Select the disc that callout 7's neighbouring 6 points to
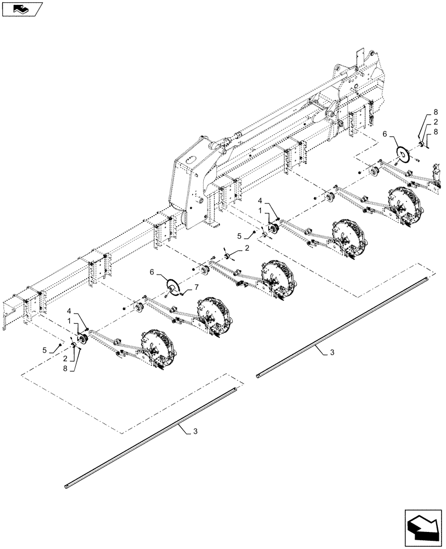point(174,286)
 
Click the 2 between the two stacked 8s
point(435,122)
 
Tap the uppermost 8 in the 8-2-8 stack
point(435,112)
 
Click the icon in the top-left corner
point(23,9)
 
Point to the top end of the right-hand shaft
point(429,281)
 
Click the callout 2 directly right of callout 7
point(247,248)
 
